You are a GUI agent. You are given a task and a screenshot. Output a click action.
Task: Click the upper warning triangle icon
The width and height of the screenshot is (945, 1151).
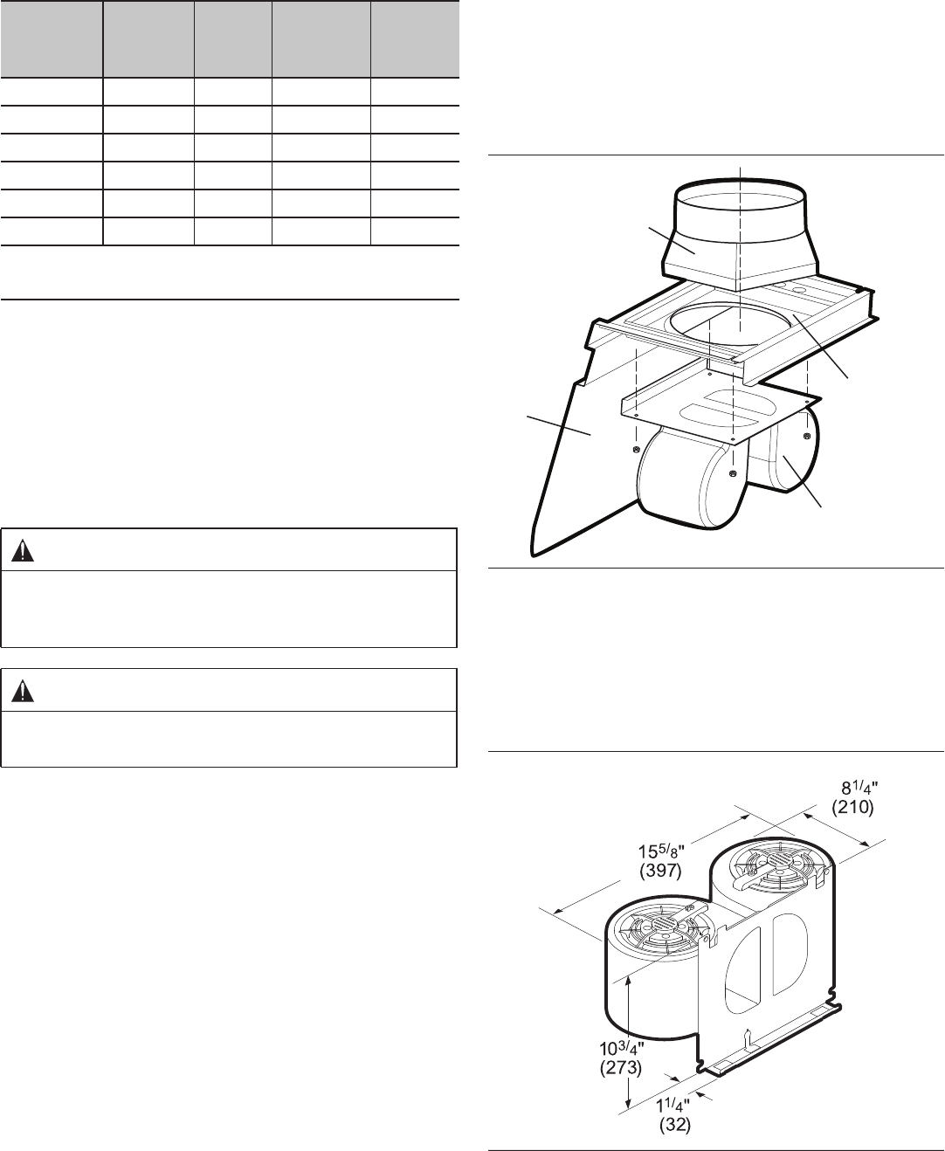23,551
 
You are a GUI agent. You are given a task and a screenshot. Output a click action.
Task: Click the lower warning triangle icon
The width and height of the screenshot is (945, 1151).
23,692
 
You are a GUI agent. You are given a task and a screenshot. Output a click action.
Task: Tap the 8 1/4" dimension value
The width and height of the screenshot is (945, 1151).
859,788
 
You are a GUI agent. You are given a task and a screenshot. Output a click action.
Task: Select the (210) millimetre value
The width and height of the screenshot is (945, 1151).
852,807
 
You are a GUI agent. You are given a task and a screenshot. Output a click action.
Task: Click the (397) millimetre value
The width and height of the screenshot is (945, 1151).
660,870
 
